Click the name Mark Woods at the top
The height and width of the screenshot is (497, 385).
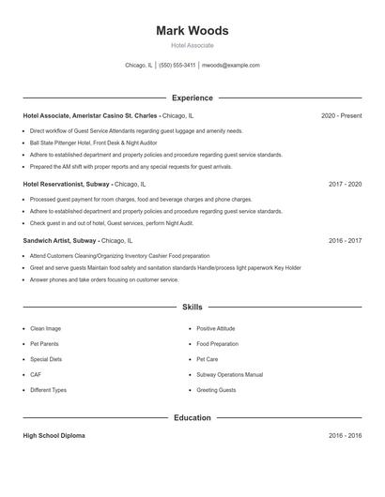(192, 30)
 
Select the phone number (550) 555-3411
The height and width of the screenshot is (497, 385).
(177, 66)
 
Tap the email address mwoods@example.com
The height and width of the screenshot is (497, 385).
(231, 66)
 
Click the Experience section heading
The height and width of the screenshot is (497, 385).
(192, 98)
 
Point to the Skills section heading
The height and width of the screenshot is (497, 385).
(192, 307)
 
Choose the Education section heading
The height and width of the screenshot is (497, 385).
(192, 417)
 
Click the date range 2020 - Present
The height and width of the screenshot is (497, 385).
(341, 115)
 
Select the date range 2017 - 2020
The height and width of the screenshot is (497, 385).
(345, 185)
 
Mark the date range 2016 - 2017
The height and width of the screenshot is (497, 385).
(345, 241)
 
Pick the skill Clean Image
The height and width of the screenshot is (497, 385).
(45, 329)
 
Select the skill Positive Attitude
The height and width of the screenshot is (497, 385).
(216, 329)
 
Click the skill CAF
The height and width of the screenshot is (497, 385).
(37, 374)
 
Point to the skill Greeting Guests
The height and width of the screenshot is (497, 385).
(216, 389)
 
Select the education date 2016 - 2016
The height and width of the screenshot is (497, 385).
(345, 436)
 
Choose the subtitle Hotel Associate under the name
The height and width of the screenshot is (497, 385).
(192, 45)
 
